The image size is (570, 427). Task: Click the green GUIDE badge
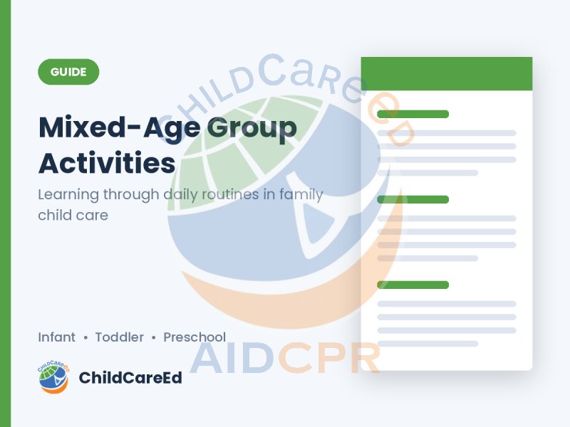click(68, 72)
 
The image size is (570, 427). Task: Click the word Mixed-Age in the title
click(119, 128)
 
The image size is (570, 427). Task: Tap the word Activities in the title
click(107, 163)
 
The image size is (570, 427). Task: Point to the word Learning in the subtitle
click(68, 195)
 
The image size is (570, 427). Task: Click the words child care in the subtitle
click(73, 216)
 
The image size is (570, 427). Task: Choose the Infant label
click(57, 337)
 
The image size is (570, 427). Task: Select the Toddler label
click(120, 337)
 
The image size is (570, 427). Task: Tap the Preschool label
click(195, 337)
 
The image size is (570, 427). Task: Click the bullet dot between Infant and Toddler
click(85, 337)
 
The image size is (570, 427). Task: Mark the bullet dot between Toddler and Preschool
click(154, 337)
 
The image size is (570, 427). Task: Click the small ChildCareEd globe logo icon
click(53, 377)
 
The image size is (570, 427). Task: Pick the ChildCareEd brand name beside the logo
click(130, 378)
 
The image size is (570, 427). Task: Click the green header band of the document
click(447, 74)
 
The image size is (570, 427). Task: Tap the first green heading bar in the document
click(413, 114)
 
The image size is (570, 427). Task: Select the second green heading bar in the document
click(413, 199)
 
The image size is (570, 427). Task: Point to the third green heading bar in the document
click(413, 285)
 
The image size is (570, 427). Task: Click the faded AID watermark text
click(232, 358)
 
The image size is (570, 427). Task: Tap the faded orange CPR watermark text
click(329, 358)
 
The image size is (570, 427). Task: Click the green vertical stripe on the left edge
click(6, 213)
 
